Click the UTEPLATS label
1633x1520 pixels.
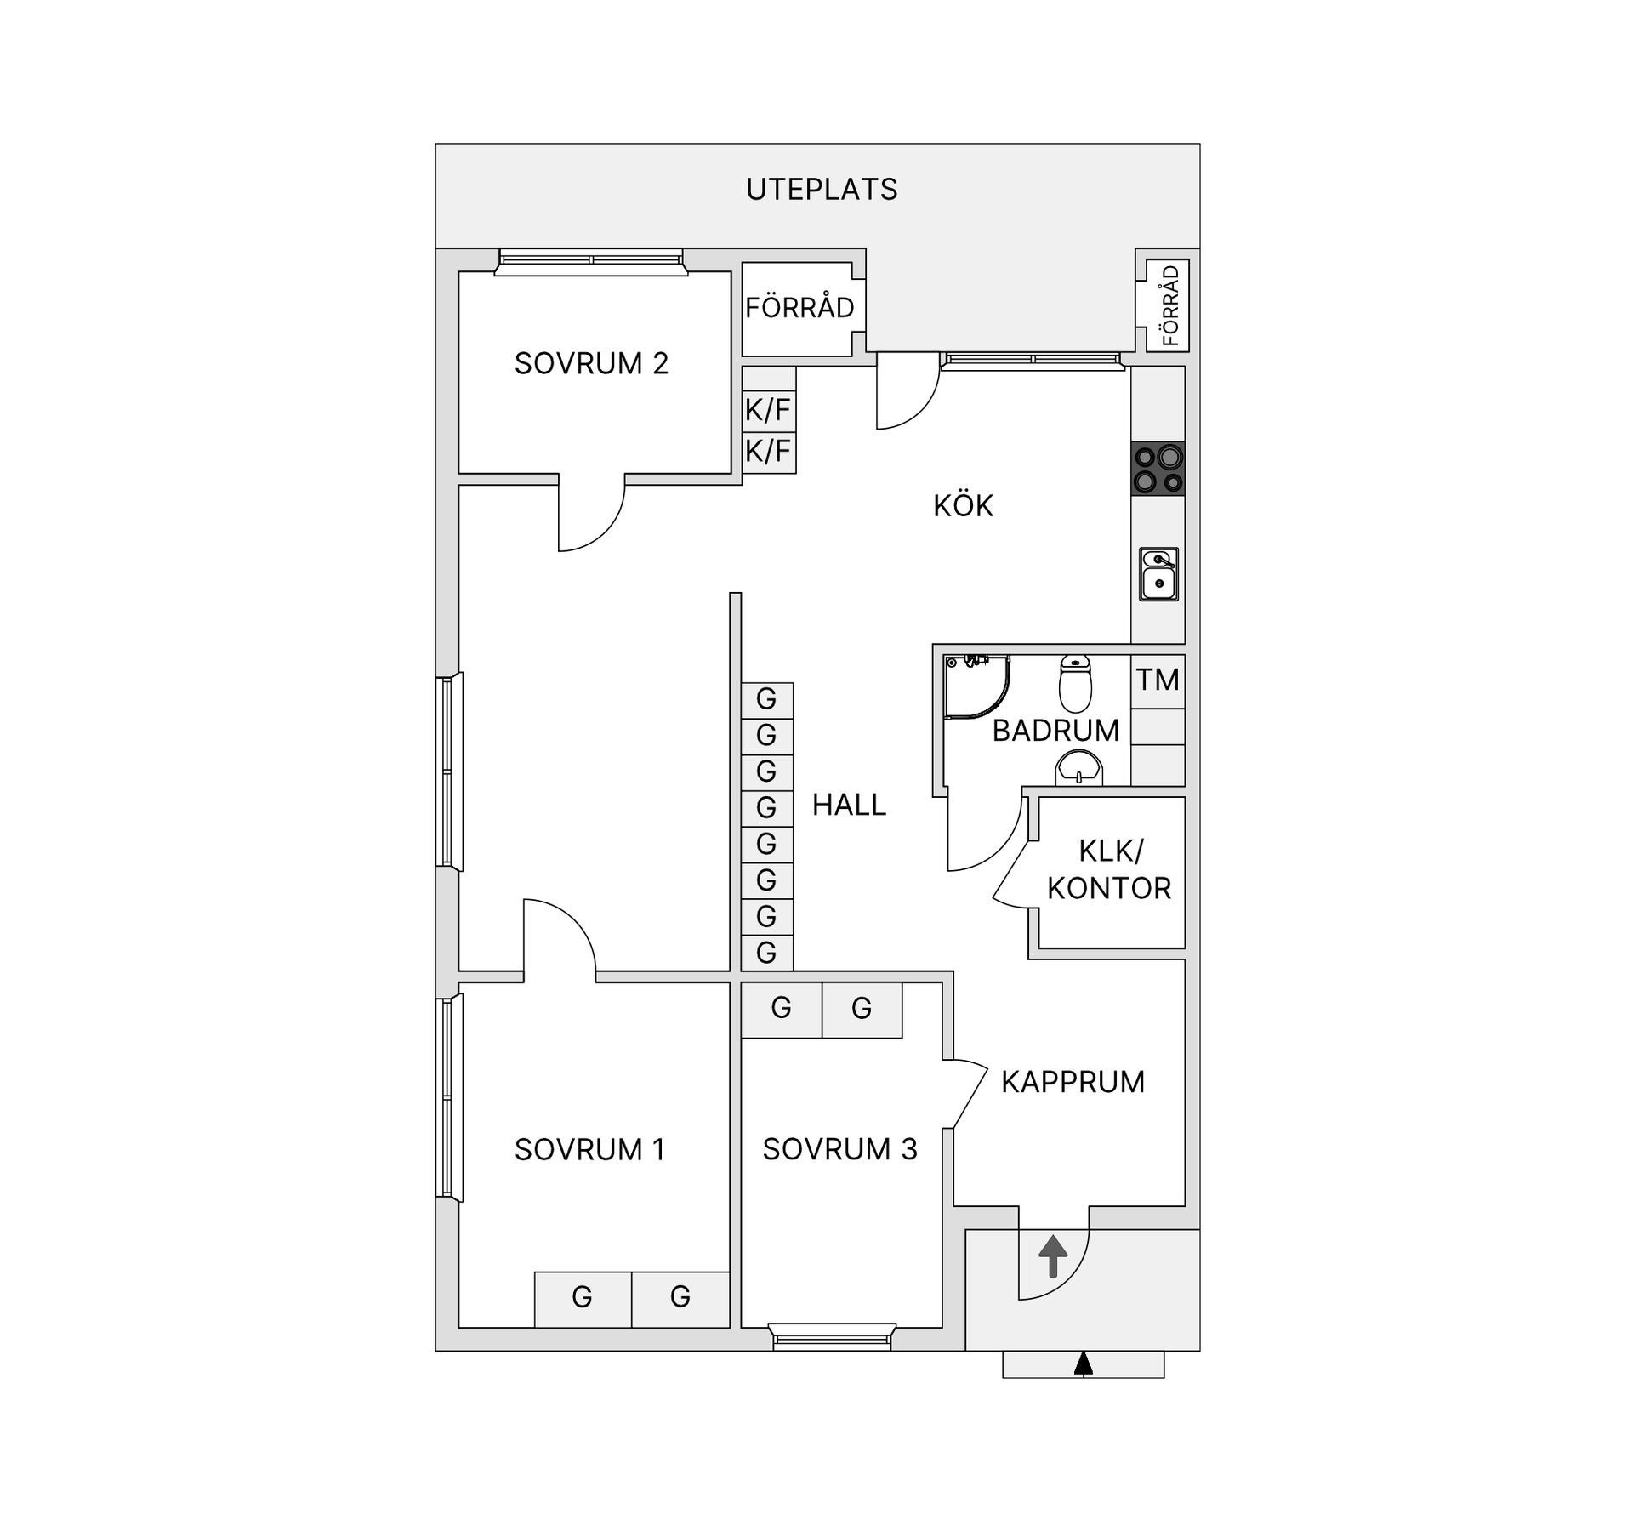pos(822,189)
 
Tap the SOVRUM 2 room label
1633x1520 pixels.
pos(591,363)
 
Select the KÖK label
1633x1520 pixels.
pos(963,504)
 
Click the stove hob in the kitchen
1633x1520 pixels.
pos(1158,469)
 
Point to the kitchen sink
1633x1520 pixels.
pos(1158,574)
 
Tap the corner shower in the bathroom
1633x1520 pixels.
pos(977,687)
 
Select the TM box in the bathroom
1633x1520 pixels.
pos(1158,680)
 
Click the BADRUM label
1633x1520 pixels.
pos(1055,731)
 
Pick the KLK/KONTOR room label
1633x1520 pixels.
pos(1109,869)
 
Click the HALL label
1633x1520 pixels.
pos(849,805)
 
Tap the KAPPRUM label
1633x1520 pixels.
pos(1073,1082)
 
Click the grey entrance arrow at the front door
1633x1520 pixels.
pos(1053,1256)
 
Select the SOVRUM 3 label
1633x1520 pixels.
pos(839,1149)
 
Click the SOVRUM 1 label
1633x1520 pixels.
pos(589,1149)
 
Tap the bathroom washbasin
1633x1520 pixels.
pos(1078,769)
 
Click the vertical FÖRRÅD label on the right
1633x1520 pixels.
pos(1170,306)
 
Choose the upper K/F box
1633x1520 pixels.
pos(768,410)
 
